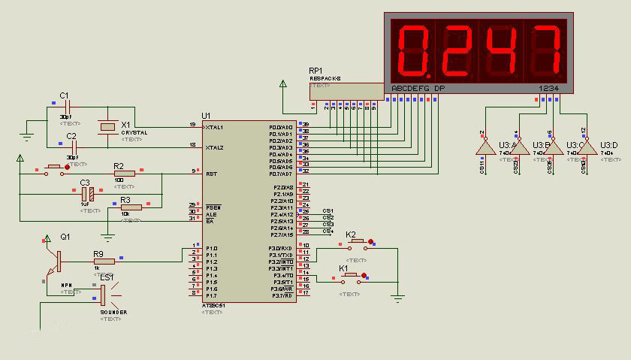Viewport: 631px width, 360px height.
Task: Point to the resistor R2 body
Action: tap(124, 173)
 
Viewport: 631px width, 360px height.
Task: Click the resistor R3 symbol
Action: tap(131, 207)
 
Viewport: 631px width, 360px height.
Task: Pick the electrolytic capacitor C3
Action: tap(86, 193)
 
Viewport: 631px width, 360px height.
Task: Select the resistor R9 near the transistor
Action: tap(104, 262)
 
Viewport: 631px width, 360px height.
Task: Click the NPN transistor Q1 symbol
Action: tap(54, 258)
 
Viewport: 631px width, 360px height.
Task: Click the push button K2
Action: tap(358, 243)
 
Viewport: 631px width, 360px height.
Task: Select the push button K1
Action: tap(352, 277)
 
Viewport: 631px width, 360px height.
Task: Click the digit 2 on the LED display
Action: tap(454, 48)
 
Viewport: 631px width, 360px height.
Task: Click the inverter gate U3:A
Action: tap(485, 147)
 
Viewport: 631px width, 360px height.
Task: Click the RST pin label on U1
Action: tap(211, 173)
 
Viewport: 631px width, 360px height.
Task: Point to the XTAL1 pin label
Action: tap(214, 127)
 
